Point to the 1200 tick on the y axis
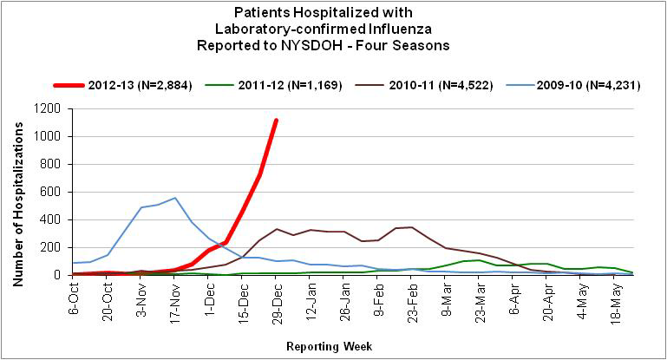(x=50, y=108)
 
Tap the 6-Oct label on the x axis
(x=75, y=295)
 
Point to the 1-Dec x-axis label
(x=209, y=295)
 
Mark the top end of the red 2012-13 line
(x=276, y=121)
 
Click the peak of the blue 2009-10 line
(x=175, y=198)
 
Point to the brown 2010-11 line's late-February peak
(x=411, y=227)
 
